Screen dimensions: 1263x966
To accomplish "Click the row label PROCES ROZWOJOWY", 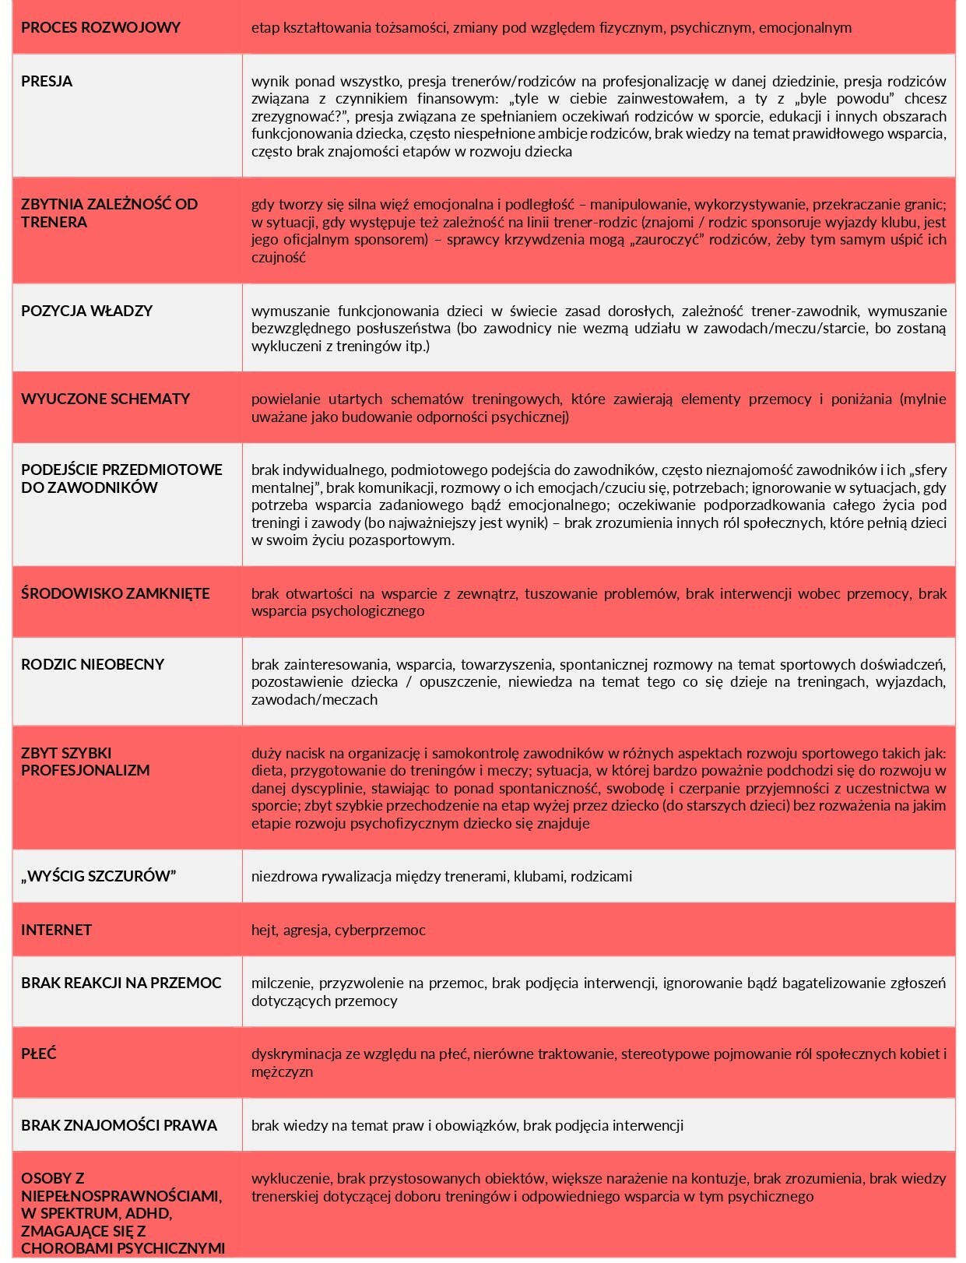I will [x=100, y=28].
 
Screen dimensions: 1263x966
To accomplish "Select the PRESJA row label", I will [x=47, y=82].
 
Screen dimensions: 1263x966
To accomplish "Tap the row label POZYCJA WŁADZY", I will [x=86, y=311].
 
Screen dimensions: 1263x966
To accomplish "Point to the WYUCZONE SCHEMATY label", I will [x=105, y=399].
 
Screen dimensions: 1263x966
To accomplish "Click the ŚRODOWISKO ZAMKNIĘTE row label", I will [x=115, y=594].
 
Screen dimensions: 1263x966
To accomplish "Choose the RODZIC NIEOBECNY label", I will [x=93, y=665].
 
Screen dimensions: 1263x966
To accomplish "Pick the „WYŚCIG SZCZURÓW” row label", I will [x=98, y=877].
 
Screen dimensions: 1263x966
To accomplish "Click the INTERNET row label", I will [x=56, y=931].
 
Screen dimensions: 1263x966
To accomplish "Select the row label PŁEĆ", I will [x=39, y=1054].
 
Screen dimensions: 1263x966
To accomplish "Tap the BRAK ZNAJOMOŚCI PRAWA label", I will [x=119, y=1126].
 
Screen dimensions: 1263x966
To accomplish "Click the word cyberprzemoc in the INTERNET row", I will [x=380, y=931].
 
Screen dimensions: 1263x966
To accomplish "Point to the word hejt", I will [x=264, y=931].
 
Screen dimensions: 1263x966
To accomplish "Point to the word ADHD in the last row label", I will [x=151, y=1214].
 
